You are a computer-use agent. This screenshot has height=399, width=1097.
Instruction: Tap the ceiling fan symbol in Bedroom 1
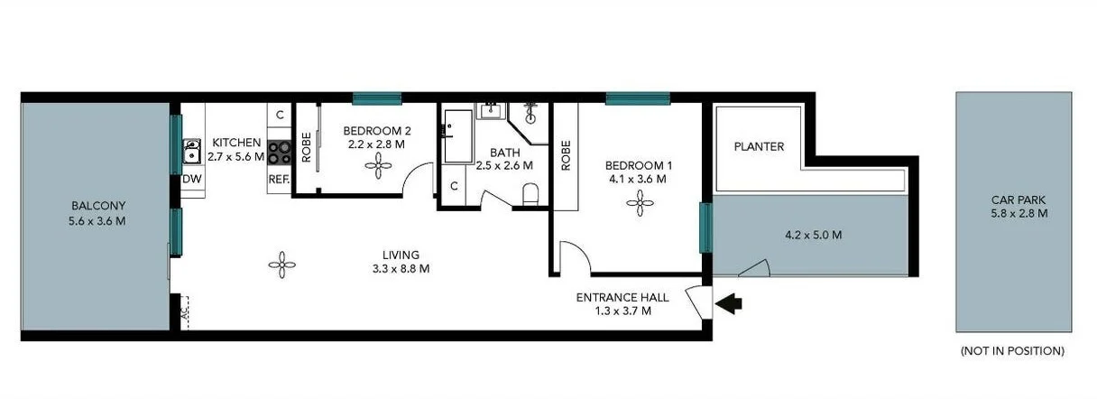pos(640,205)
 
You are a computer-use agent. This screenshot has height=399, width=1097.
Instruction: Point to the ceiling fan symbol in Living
pos(282,264)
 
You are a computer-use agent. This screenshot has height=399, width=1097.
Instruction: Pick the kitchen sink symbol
pos(191,151)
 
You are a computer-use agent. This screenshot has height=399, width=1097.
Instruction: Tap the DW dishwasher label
pos(191,179)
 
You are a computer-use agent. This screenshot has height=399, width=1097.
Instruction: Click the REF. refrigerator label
pos(279,179)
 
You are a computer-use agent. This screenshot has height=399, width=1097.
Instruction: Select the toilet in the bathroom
pos(530,194)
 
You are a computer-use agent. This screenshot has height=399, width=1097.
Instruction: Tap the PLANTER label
pos(759,146)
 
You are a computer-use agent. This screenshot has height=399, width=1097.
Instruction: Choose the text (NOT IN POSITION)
pos(1012,350)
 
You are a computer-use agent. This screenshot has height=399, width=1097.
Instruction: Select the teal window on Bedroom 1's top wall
pos(638,98)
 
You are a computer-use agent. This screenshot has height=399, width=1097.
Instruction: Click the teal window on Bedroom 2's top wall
pos(376,98)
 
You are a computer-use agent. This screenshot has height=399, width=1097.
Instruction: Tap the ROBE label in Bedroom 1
pos(567,155)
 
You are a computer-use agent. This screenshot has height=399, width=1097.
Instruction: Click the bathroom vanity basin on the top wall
pos(491,110)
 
